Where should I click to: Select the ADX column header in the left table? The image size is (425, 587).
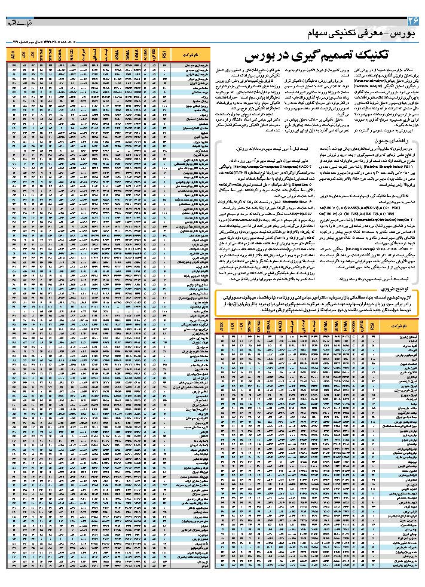tap(14, 57)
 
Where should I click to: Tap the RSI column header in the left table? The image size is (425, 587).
tap(165, 57)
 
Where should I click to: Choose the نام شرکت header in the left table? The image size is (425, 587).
tap(189, 57)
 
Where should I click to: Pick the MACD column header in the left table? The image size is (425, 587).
tap(71, 57)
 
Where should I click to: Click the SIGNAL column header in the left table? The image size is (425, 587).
tap(60, 57)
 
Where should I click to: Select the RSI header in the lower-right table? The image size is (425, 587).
tap(375, 327)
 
